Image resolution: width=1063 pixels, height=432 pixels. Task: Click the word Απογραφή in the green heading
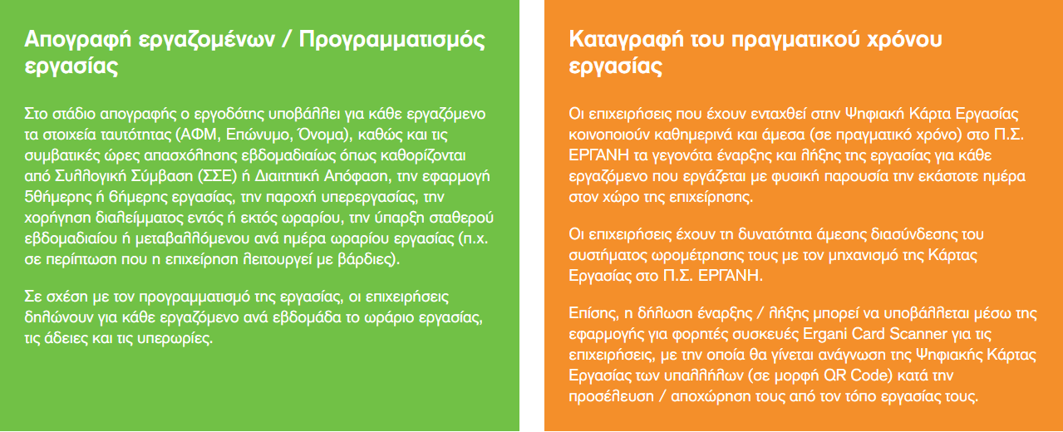(x=77, y=40)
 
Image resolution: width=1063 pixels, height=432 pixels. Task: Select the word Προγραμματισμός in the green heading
(x=392, y=40)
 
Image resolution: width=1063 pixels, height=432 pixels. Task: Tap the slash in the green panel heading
(x=286, y=39)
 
